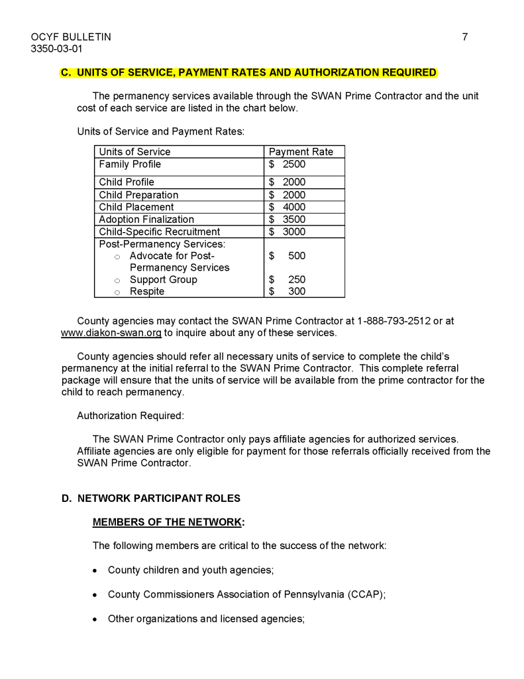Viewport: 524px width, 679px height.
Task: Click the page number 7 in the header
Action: tap(464, 37)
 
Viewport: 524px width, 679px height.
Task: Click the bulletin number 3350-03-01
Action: tap(57, 49)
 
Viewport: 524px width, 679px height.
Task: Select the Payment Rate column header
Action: tap(301, 152)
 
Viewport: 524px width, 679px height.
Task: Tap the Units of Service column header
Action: tap(134, 152)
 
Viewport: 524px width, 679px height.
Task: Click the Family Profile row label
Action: tap(130, 164)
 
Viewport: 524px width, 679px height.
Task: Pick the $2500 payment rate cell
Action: tap(288, 164)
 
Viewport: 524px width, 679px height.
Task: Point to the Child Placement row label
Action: tap(136, 207)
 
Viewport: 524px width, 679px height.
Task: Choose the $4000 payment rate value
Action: tap(288, 207)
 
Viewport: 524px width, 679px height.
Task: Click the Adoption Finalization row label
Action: tap(146, 219)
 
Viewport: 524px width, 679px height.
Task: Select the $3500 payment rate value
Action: tap(288, 219)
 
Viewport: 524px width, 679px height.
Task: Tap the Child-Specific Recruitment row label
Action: tap(159, 231)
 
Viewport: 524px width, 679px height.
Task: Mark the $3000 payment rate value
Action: tap(288, 231)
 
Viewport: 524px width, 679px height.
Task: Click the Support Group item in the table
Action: tap(163, 280)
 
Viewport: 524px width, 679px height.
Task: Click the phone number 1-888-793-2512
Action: tap(392, 321)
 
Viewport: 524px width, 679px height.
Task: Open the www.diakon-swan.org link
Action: tap(111, 333)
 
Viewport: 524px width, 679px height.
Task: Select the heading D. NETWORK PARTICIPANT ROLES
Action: tap(151, 498)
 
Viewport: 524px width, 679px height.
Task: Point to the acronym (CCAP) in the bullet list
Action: tap(366, 594)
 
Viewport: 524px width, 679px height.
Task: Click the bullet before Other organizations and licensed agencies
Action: tap(96, 619)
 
